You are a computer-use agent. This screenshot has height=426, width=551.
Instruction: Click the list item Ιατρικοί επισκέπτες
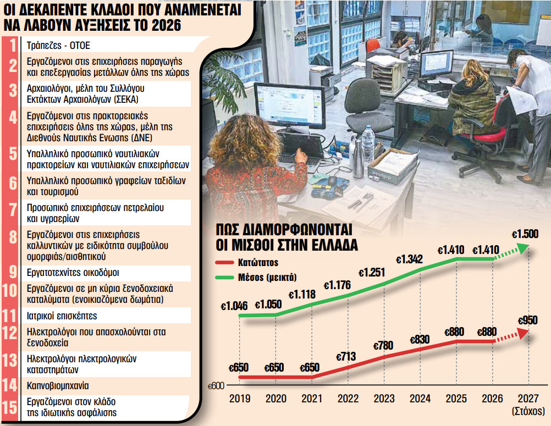point(62,316)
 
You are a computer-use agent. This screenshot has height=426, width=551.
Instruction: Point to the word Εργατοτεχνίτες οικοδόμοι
point(73,272)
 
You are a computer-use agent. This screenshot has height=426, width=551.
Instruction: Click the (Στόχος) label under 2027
point(527,411)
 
